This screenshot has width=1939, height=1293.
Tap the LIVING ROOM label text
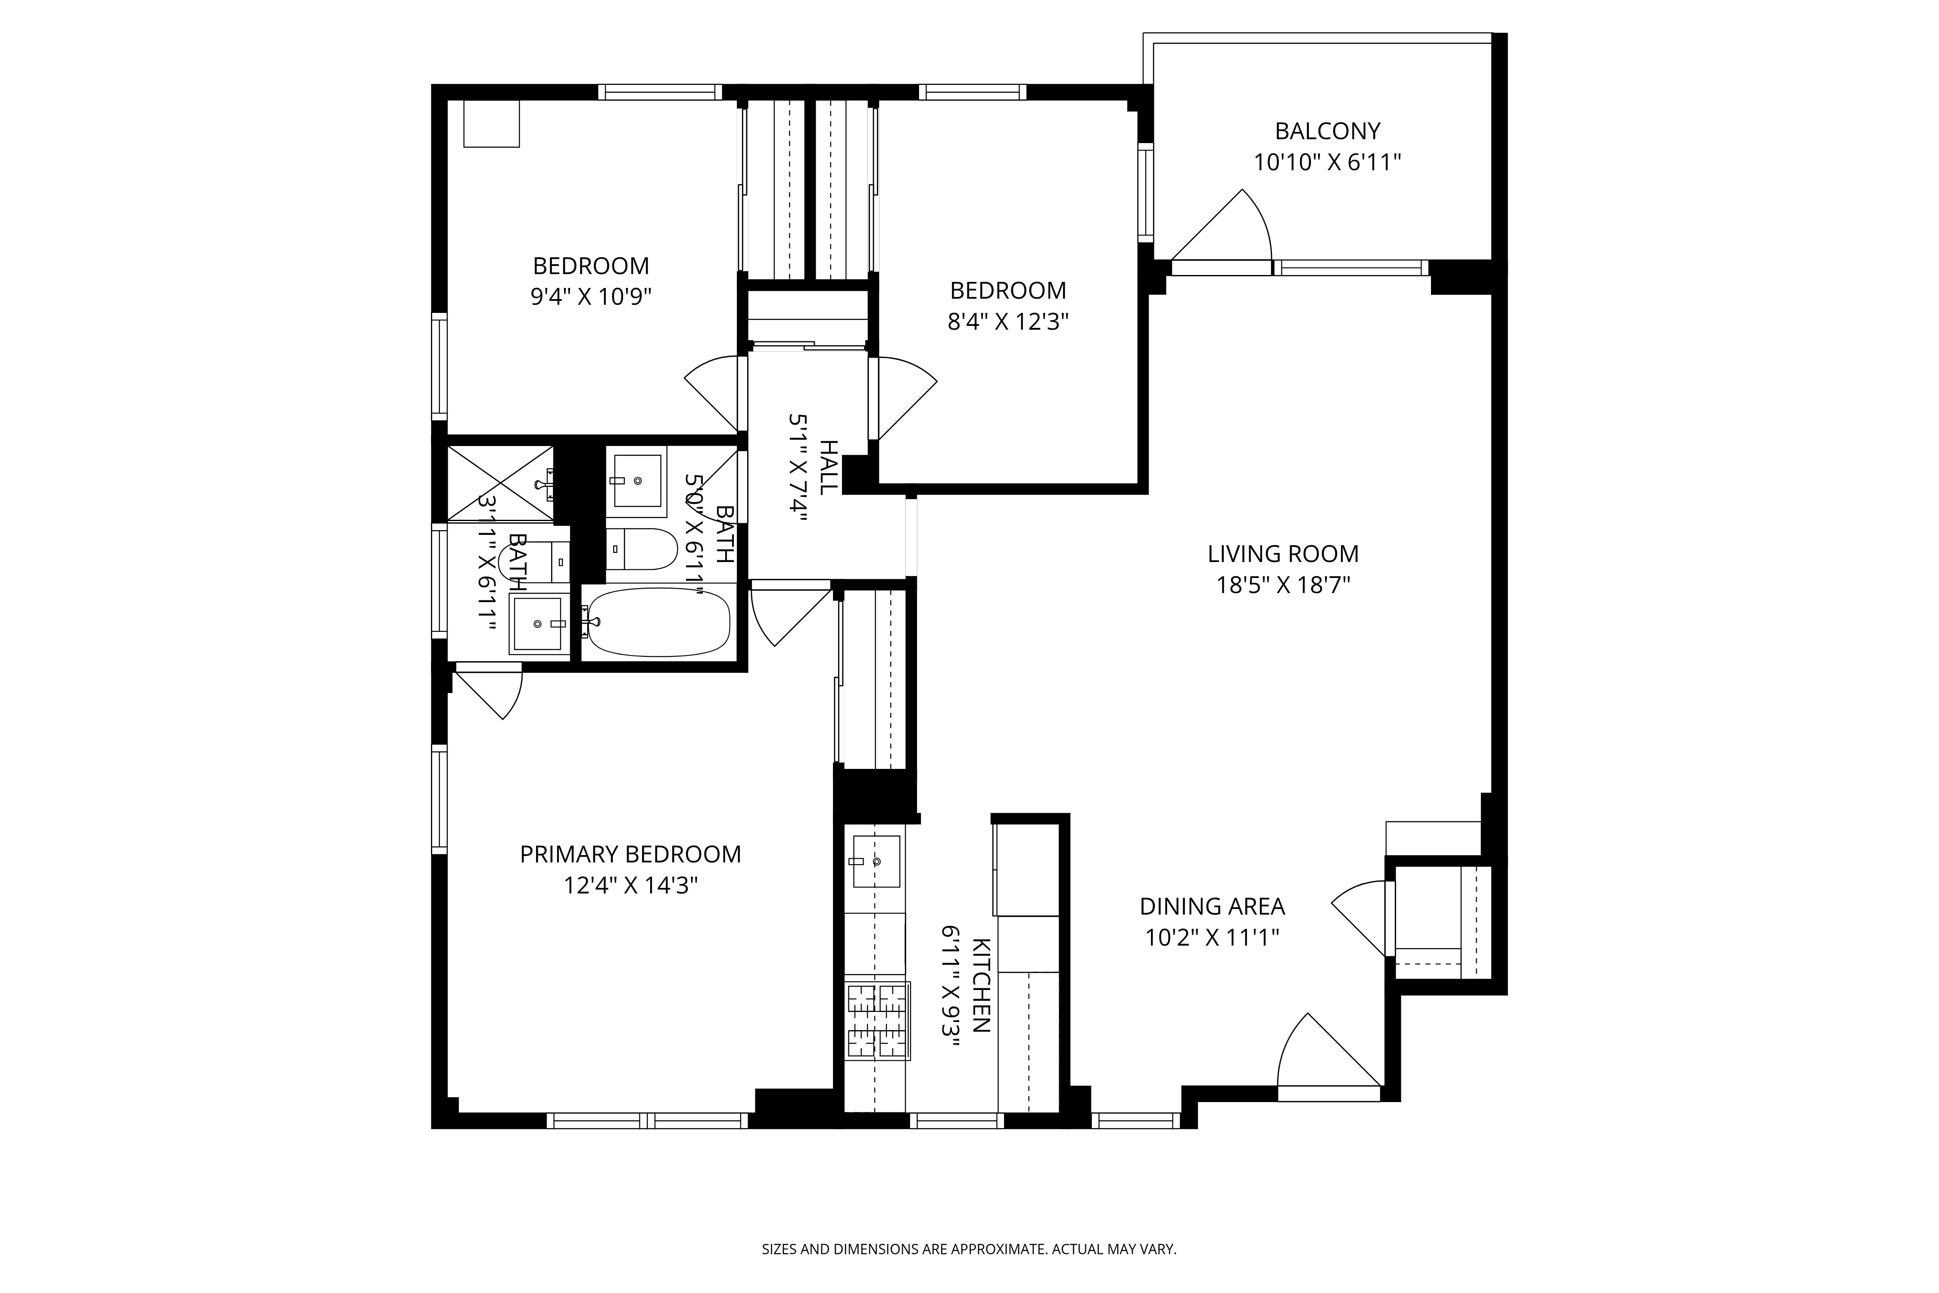[x=1283, y=554]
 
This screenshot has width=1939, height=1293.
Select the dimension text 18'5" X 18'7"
[x=1283, y=585]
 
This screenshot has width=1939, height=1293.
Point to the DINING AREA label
[x=1212, y=906]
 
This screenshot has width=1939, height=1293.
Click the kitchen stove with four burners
[x=877, y=1021]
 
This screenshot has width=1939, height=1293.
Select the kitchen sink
[x=876, y=861]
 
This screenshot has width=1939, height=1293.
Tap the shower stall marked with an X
[x=499, y=483]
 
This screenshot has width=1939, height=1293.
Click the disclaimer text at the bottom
[x=969, y=1249]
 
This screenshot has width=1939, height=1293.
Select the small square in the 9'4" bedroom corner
[x=491, y=124]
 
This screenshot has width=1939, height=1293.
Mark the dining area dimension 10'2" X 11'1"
[x=1212, y=937]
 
